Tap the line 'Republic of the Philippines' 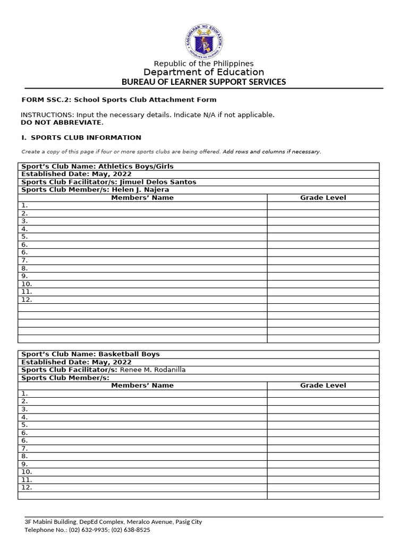[203, 64]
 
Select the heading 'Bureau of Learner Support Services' [203, 82]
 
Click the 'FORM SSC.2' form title [118, 100]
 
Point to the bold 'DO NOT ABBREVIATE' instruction [62, 122]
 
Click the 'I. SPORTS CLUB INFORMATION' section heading [81, 137]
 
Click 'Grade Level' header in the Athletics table [323, 198]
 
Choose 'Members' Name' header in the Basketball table [142, 386]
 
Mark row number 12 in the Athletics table [27, 300]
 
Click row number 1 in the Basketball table [24, 393]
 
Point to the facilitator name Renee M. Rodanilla [153, 370]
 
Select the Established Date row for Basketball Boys [76, 362]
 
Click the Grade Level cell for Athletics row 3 [323, 221]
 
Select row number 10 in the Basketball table [27, 471]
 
